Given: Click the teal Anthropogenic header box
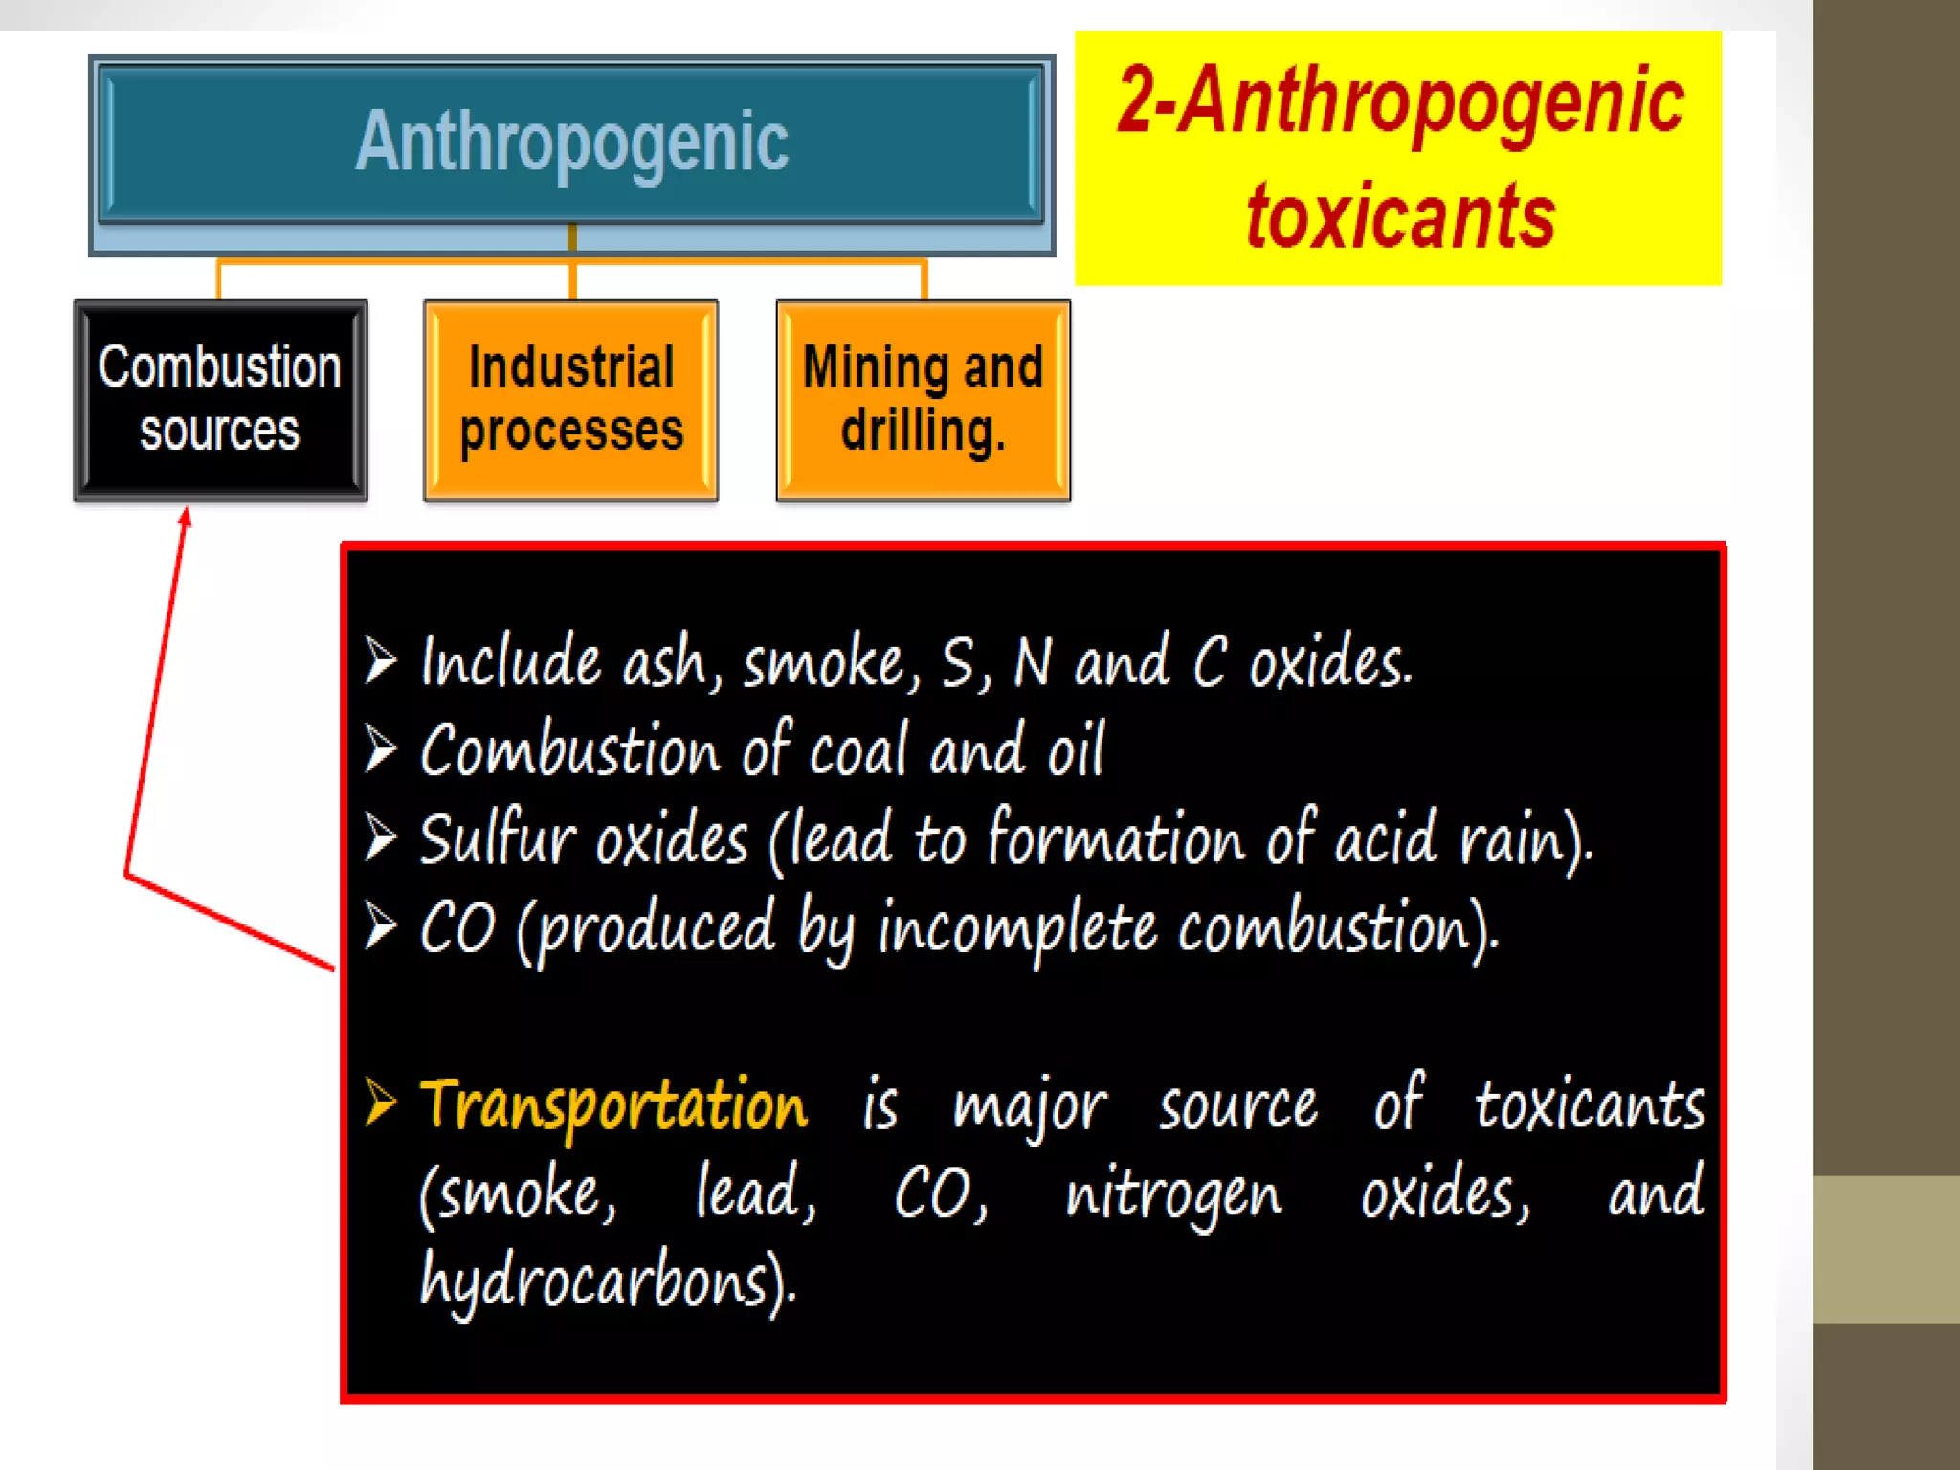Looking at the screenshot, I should [x=571, y=144].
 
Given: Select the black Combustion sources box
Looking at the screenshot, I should [x=220, y=399].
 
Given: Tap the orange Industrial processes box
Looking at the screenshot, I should [x=571, y=399].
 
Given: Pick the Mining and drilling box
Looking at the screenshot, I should [x=923, y=399].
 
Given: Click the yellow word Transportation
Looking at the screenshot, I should [x=613, y=1105].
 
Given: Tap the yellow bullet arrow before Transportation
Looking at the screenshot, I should [x=380, y=1102].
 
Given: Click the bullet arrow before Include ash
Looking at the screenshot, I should [x=380, y=660].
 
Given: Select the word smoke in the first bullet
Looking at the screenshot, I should [x=824, y=663].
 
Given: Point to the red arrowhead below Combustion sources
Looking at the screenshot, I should [x=186, y=518].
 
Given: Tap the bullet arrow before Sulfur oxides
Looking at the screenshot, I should [x=380, y=837].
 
